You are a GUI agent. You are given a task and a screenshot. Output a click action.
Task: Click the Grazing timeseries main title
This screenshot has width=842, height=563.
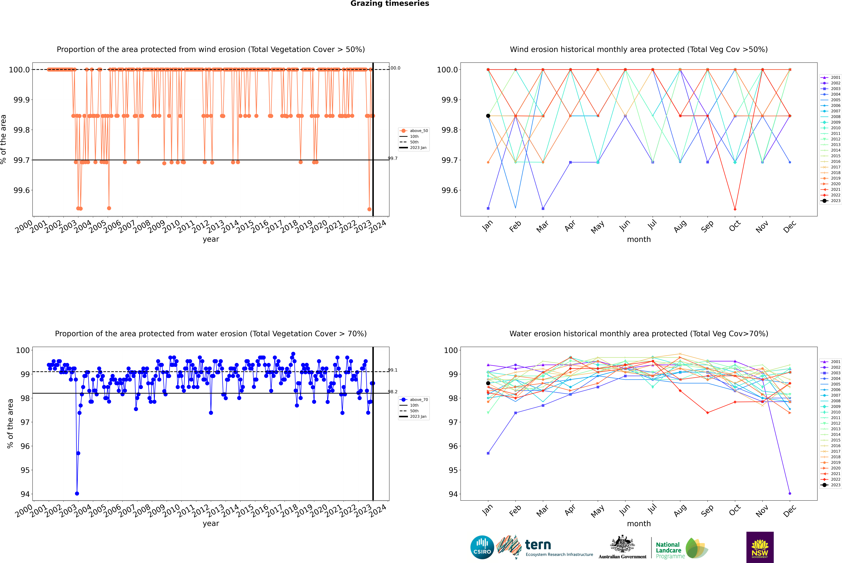390,4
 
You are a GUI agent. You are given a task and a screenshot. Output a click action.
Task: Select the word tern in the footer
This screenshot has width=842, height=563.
538,545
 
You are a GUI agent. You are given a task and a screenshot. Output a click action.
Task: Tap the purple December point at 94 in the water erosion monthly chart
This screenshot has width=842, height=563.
790,493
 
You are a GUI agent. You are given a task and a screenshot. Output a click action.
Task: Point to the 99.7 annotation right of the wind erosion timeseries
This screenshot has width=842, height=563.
393,158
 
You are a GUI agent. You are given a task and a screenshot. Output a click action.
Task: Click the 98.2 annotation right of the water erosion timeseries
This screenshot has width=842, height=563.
393,392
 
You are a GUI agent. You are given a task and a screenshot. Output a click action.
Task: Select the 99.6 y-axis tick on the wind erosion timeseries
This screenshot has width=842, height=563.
22,190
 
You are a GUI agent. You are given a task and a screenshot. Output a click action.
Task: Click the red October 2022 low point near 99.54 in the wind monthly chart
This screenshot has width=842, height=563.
735,209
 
